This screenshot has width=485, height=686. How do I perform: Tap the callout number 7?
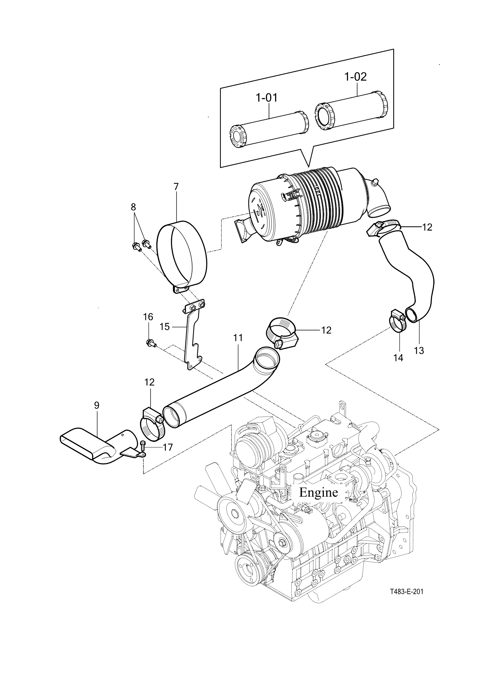pyautogui.click(x=176, y=186)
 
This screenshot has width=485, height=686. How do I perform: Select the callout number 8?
pyautogui.click(x=133, y=207)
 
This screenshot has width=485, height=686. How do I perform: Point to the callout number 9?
pyautogui.click(x=97, y=405)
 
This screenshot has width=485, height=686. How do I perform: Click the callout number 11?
pyautogui.click(x=238, y=338)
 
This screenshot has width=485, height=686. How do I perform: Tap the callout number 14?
pyautogui.click(x=398, y=357)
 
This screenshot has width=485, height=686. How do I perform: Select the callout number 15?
pyautogui.click(x=165, y=327)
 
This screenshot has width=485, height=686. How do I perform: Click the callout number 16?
pyautogui.click(x=148, y=317)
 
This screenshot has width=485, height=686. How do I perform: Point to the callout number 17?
pyautogui.click(x=168, y=447)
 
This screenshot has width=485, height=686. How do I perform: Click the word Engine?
pyautogui.click(x=318, y=492)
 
